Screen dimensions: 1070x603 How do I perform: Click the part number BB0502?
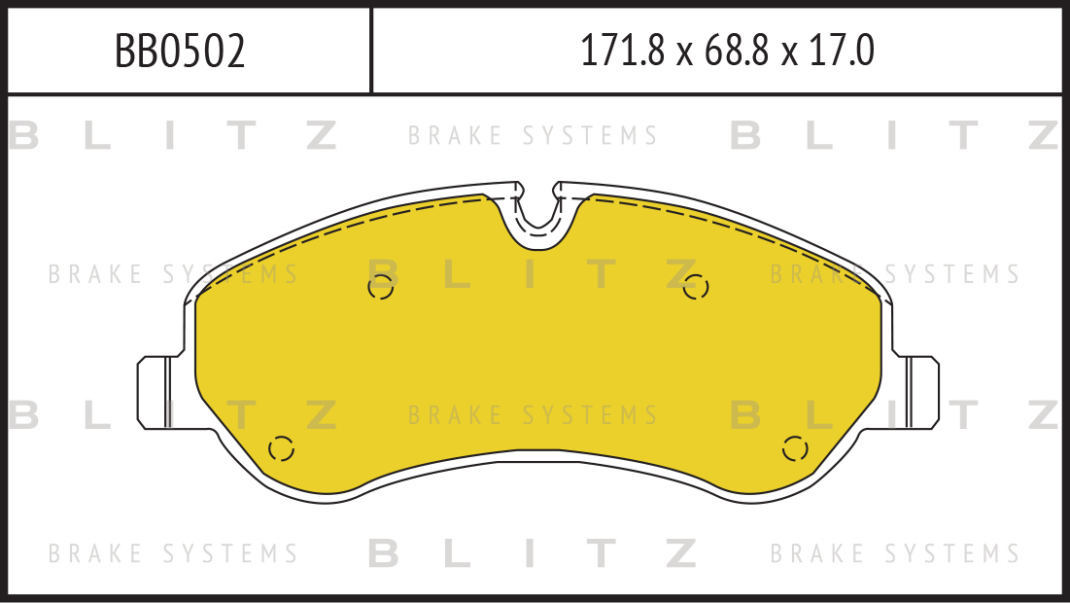click(x=180, y=52)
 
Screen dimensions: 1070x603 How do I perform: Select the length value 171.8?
click(x=622, y=52)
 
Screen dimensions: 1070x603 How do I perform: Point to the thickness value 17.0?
click(x=841, y=52)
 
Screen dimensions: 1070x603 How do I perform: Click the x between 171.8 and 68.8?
click(x=684, y=54)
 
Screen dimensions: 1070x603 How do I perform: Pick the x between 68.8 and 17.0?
click(x=789, y=54)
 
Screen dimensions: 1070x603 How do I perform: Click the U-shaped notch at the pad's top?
click(x=538, y=217)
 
